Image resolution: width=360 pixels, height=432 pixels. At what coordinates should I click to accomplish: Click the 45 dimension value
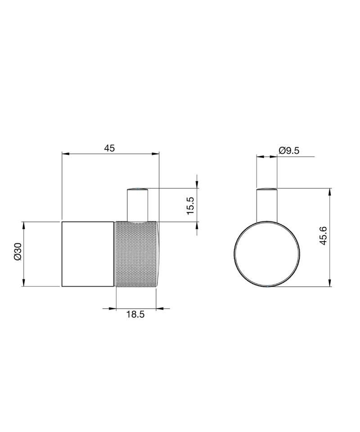pos(109,148)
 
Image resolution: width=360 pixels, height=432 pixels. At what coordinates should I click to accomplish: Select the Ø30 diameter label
pos(18,251)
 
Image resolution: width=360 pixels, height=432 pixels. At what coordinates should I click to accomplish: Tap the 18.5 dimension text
pos(135,314)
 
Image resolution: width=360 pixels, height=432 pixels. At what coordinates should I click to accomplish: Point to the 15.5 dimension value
pos(191,206)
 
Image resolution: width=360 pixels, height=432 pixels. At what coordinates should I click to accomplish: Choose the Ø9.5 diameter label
pos(289,151)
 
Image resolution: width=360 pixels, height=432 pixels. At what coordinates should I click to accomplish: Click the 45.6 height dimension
pos(323,235)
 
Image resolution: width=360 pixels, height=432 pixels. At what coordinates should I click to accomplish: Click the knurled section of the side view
pos(137,254)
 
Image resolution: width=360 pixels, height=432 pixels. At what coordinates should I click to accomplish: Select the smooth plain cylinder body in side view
pos(88,254)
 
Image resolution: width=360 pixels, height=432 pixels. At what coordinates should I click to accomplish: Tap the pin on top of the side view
pos(137,205)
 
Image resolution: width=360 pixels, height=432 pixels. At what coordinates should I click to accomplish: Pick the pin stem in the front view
pos(267,205)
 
